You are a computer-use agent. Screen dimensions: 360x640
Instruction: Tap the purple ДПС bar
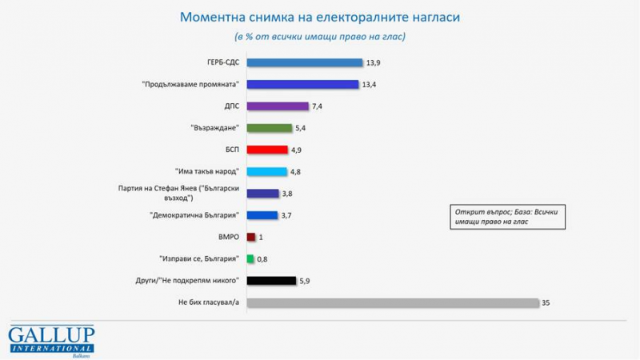(278, 106)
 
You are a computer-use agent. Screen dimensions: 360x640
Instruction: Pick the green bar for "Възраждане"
(270, 127)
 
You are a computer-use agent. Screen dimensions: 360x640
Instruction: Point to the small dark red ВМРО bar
(251, 237)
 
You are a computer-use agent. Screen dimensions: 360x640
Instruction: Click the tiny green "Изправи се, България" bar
(250, 258)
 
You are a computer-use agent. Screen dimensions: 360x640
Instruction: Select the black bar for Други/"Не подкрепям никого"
(271, 280)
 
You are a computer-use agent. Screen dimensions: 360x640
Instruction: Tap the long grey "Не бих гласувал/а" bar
(393, 302)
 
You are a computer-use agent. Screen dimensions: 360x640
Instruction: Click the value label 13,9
(372, 62)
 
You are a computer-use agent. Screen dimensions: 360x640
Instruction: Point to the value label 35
(547, 302)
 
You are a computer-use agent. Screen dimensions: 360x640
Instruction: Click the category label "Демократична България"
(195, 215)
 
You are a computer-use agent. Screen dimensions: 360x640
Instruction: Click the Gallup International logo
(51, 340)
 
